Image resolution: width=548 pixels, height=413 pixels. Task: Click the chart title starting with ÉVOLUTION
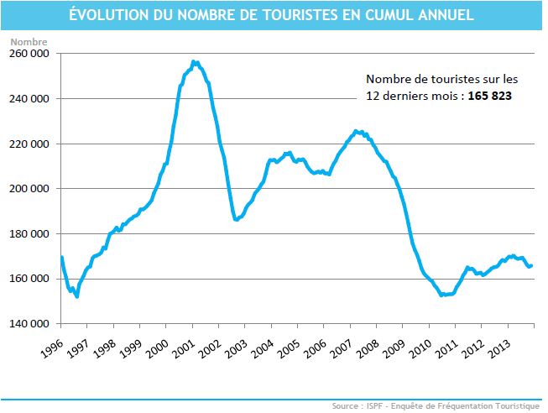tap(274, 14)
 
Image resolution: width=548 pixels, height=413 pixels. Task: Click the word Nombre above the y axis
tap(28, 41)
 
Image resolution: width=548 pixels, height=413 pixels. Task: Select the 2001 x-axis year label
tap(182, 347)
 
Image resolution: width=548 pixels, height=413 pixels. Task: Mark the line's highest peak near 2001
tap(194, 61)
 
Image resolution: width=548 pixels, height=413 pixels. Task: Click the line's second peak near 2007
tap(356, 131)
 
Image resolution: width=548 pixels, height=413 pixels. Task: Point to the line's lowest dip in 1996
tap(77, 296)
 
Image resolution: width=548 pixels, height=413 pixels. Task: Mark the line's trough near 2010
tap(442, 295)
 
